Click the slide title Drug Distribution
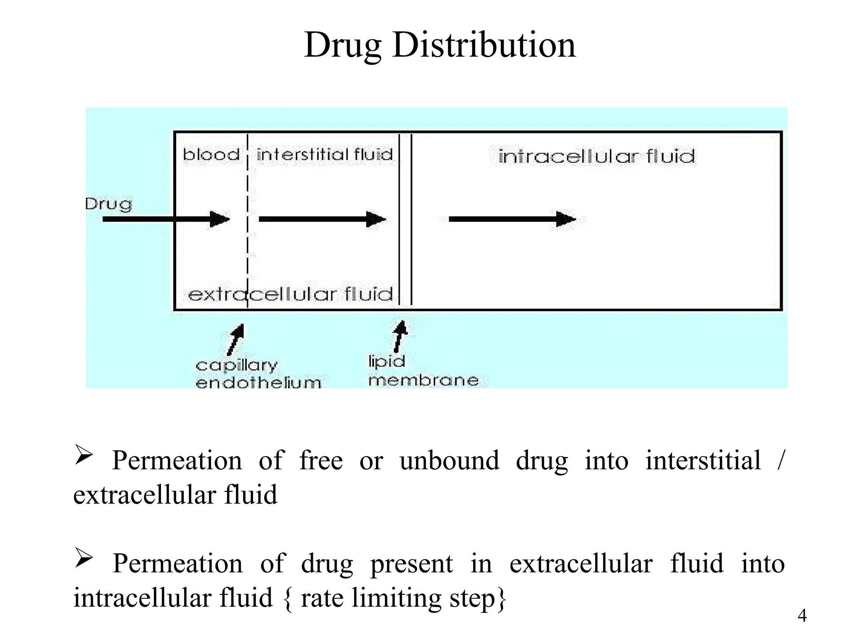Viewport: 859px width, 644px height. click(440, 45)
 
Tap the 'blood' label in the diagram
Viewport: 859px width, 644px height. click(211, 155)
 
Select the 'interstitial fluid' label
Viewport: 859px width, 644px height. click(325, 155)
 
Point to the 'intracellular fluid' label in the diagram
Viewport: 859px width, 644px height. click(596, 156)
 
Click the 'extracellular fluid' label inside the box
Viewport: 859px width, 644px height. click(290, 294)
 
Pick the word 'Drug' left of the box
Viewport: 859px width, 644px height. click(108, 204)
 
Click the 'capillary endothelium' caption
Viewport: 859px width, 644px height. click(258, 374)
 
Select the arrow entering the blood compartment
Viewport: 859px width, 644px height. click(166, 219)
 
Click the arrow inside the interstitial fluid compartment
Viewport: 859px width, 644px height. click(322, 219)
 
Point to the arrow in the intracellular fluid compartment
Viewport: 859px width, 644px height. click(512, 219)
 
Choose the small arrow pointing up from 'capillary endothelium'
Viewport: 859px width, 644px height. click(236, 339)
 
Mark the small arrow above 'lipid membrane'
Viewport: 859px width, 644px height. click(400, 336)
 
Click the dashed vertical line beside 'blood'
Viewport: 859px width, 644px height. click(247, 218)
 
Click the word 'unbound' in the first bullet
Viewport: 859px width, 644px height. click(449, 461)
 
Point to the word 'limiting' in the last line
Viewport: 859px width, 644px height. click(396, 597)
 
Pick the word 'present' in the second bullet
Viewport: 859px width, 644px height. click(411, 564)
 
